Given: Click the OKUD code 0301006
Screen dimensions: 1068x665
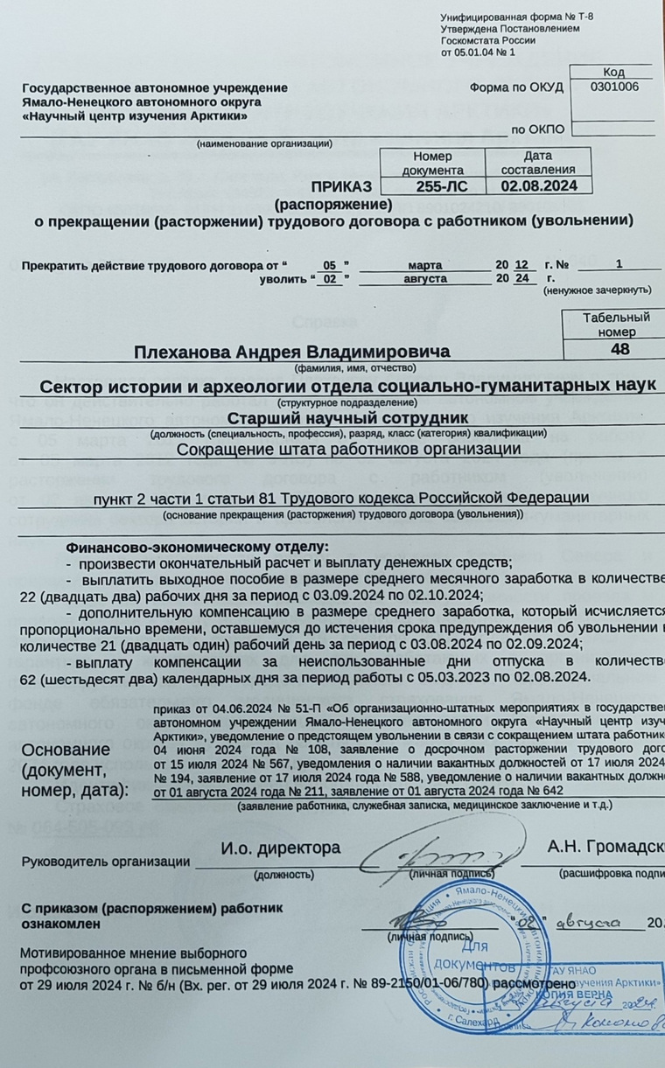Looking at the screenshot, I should click(x=614, y=87).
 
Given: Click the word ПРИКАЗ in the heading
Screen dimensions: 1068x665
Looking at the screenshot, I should click(x=342, y=185).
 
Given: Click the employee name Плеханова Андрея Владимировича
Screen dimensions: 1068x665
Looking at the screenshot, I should click(x=292, y=352).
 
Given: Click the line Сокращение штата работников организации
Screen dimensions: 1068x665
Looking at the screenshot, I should click(x=348, y=449).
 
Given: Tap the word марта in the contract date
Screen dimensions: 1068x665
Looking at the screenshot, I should click(x=425, y=264).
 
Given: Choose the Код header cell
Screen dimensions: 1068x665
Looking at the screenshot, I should click(x=613, y=72).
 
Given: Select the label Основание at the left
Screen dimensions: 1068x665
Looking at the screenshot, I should click(x=66, y=750).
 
